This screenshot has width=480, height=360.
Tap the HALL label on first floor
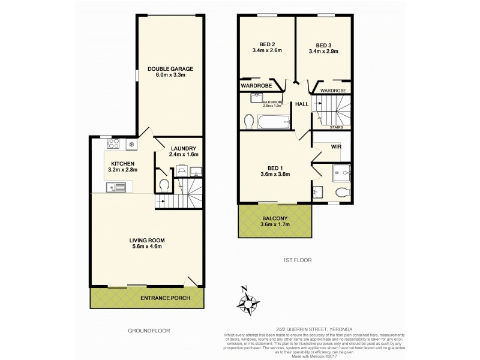302,104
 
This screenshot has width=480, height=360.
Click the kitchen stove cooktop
112,144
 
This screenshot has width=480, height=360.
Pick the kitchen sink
116,188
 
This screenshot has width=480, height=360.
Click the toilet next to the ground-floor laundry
164,183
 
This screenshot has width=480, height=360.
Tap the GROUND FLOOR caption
149,331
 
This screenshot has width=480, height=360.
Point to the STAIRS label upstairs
337,127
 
